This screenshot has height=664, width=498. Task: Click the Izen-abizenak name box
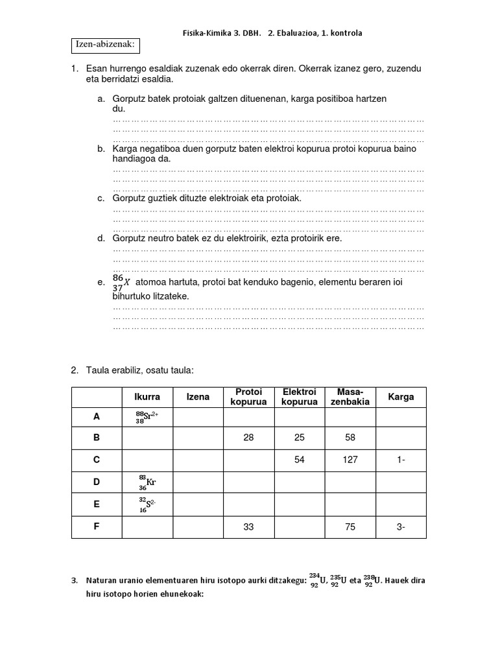[105, 45]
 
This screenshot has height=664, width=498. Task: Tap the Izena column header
[198, 397]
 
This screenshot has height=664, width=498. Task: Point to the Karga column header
[401, 397]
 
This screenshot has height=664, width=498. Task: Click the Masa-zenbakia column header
[350, 397]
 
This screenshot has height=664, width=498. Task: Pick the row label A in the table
[97, 417]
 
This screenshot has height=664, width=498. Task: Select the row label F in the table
[97, 527]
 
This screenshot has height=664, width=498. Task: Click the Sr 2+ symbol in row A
[147, 417]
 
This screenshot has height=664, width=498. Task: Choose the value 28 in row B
[248, 438]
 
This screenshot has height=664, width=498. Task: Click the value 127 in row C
[350, 460]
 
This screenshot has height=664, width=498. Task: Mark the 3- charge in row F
[401, 527]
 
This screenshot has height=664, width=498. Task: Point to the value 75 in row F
[350, 527]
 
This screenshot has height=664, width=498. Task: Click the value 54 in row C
[299, 460]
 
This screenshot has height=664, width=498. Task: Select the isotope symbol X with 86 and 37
[121, 281]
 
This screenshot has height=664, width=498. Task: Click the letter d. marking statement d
[101, 239]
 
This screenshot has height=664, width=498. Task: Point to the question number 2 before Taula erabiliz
[75, 370]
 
